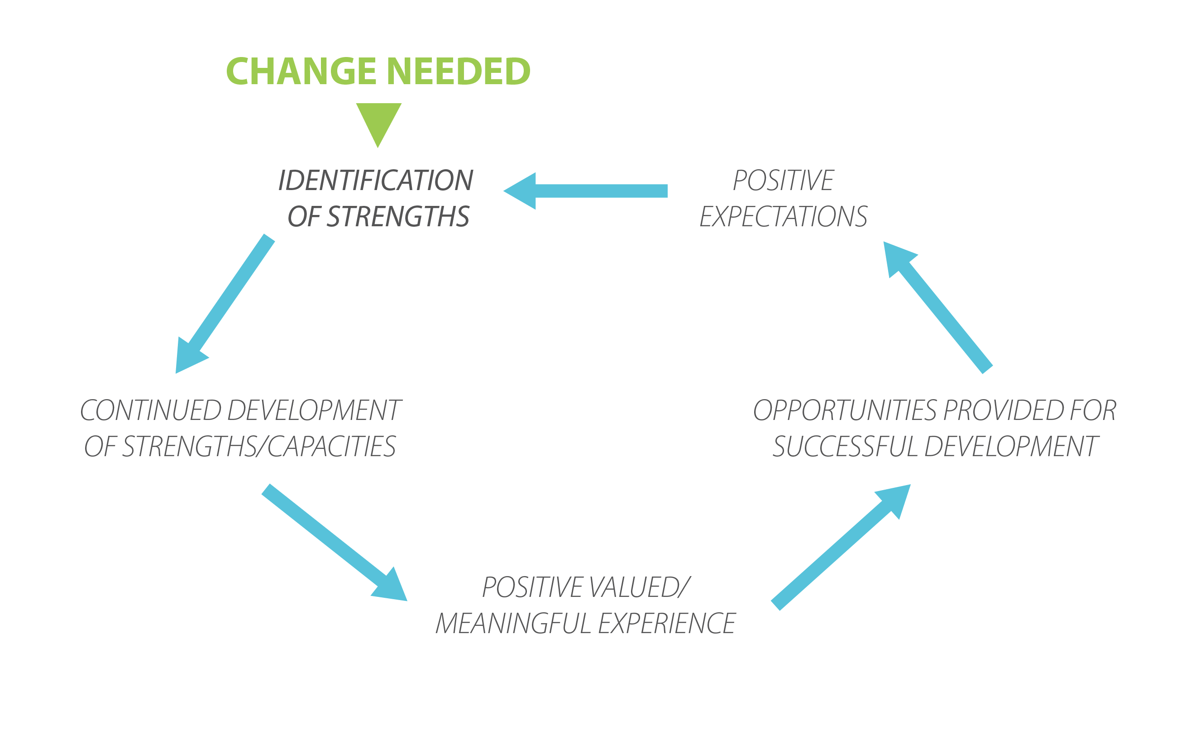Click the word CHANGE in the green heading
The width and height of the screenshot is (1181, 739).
(x=301, y=72)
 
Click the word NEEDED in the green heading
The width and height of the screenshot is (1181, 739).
(x=459, y=72)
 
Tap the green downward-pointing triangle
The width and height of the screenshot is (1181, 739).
(x=379, y=125)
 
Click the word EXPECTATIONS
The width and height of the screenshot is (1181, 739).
(x=784, y=216)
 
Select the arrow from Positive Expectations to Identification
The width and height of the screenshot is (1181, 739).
(x=586, y=191)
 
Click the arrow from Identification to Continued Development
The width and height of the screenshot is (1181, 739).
(x=225, y=304)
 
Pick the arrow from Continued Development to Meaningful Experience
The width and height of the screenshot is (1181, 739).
(x=335, y=543)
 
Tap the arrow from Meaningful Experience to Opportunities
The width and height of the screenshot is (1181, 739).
(x=841, y=548)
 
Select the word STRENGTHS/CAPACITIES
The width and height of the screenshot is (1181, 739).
(x=259, y=446)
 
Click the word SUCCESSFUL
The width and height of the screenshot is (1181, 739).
(x=846, y=446)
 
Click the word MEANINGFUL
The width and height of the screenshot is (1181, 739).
(x=514, y=623)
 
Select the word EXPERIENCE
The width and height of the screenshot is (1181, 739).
(x=667, y=623)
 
